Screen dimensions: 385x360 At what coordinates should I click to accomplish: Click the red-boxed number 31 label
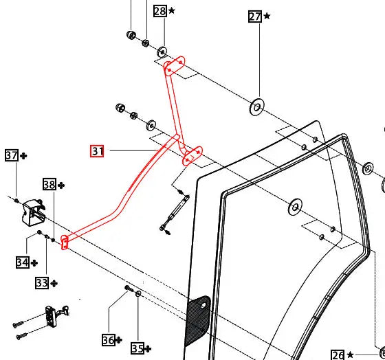(x=97, y=151)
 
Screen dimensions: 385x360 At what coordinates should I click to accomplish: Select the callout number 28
(x=160, y=11)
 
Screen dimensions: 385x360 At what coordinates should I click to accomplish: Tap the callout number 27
(x=255, y=16)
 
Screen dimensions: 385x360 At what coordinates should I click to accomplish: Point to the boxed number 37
(x=12, y=155)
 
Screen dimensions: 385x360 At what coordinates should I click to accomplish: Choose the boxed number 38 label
(x=49, y=184)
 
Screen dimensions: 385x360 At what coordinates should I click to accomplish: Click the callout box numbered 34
(x=23, y=262)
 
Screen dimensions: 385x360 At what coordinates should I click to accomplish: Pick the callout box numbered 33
(x=42, y=283)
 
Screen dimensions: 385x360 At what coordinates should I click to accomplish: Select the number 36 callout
(x=109, y=340)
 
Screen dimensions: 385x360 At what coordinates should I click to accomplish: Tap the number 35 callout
(x=137, y=348)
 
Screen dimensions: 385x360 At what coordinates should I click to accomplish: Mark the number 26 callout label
(x=338, y=355)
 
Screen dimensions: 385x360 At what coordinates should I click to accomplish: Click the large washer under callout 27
(x=257, y=106)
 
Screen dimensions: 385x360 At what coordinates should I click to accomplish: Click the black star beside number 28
(x=172, y=11)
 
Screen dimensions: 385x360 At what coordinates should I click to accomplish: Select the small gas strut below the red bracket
(x=175, y=212)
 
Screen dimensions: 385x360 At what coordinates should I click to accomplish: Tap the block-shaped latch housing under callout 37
(x=34, y=212)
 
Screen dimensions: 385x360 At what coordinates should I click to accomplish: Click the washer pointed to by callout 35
(x=138, y=294)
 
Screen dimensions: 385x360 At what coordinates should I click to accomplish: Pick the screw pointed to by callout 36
(x=129, y=289)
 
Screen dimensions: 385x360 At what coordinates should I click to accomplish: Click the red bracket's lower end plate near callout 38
(x=65, y=243)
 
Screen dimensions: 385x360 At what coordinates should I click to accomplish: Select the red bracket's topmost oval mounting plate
(x=175, y=66)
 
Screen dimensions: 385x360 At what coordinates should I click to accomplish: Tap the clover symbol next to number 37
(x=23, y=156)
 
